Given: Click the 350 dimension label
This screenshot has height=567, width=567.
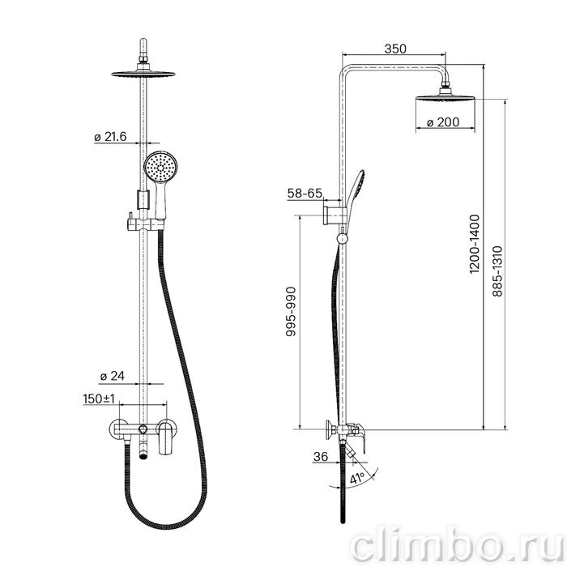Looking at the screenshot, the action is click(x=395, y=49).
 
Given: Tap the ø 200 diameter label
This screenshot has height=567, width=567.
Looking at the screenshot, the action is click(x=442, y=122).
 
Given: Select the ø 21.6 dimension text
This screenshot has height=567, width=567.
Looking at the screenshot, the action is click(x=110, y=137).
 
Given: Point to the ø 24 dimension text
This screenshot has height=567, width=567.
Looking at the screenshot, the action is click(x=112, y=376).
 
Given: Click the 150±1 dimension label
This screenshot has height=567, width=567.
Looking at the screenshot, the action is click(x=99, y=399).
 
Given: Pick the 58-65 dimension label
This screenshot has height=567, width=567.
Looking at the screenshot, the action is click(x=305, y=194).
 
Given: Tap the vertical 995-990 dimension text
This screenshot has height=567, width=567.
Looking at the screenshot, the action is click(x=291, y=312).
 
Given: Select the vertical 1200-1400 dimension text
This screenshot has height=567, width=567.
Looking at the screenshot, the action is click(x=474, y=244).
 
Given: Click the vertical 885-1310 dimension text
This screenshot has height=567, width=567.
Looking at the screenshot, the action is click(x=497, y=271).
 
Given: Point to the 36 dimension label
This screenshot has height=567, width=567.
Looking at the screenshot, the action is click(x=321, y=457).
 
